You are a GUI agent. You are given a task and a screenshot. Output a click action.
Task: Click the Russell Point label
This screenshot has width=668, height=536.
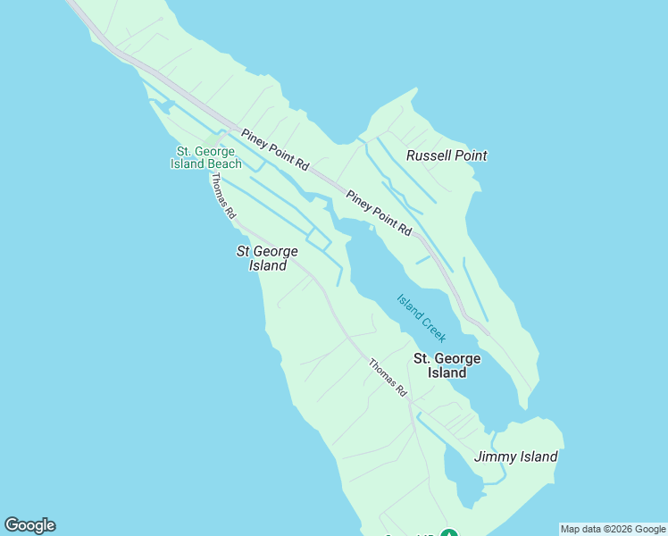[x=447, y=155]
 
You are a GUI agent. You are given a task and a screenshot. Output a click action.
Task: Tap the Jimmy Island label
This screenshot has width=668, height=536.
[x=515, y=456]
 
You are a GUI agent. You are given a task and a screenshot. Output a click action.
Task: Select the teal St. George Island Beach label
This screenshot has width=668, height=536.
[x=205, y=157]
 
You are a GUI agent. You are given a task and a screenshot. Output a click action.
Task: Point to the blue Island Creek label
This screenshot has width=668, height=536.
[x=421, y=318]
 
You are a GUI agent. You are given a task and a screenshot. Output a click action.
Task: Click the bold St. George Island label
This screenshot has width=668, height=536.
[x=447, y=365]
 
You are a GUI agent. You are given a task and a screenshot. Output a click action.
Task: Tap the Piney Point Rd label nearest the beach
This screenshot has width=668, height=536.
[x=274, y=149]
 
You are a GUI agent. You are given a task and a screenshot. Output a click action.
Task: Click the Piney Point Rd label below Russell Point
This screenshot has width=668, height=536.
[x=379, y=214]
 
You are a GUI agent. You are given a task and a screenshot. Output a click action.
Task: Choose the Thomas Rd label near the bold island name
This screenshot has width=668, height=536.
[x=388, y=378]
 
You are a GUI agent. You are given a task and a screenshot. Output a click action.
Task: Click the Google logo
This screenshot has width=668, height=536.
[x=29, y=525]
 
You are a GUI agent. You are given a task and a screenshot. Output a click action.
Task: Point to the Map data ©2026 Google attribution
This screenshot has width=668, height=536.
[x=613, y=529]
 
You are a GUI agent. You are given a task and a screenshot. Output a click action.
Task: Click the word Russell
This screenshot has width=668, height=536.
[x=428, y=155]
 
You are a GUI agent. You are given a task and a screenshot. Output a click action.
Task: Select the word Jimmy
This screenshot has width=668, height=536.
[x=495, y=456]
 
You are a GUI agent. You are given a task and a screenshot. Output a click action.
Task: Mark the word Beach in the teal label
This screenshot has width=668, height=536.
[x=223, y=163]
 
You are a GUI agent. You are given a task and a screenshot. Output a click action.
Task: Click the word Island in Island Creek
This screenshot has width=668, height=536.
[x=410, y=306]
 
